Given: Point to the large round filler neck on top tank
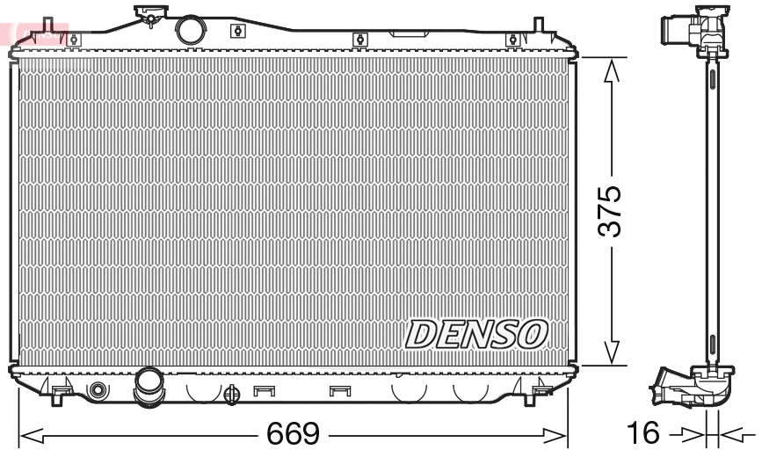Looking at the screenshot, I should pos(190,28).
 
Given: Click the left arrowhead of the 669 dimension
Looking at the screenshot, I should pos(26,434).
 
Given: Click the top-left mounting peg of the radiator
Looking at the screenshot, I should pos(74,38).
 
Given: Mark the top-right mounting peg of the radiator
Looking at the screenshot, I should pos(512,38).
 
